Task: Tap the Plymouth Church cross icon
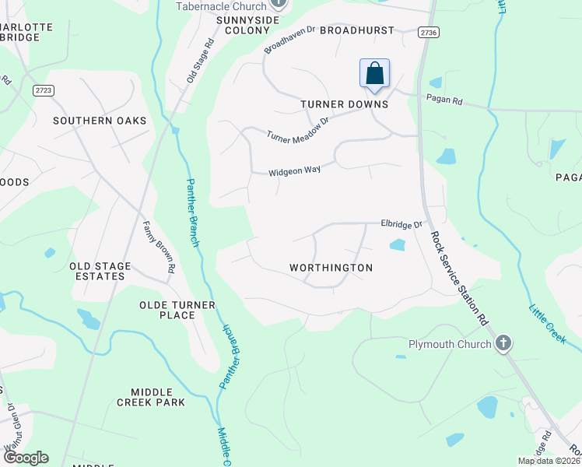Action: click(x=503, y=343)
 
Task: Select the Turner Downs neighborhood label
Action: click(x=345, y=104)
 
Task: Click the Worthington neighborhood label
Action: click(x=331, y=268)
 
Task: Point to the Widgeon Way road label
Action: click(x=295, y=173)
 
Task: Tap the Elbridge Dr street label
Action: click(x=401, y=224)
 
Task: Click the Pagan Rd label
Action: click(x=444, y=100)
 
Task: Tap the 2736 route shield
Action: click(x=428, y=32)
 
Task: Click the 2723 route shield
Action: click(x=44, y=90)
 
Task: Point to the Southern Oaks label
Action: click(x=100, y=121)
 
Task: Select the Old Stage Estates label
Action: click(x=100, y=271)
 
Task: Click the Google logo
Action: click(x=26, y=458)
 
